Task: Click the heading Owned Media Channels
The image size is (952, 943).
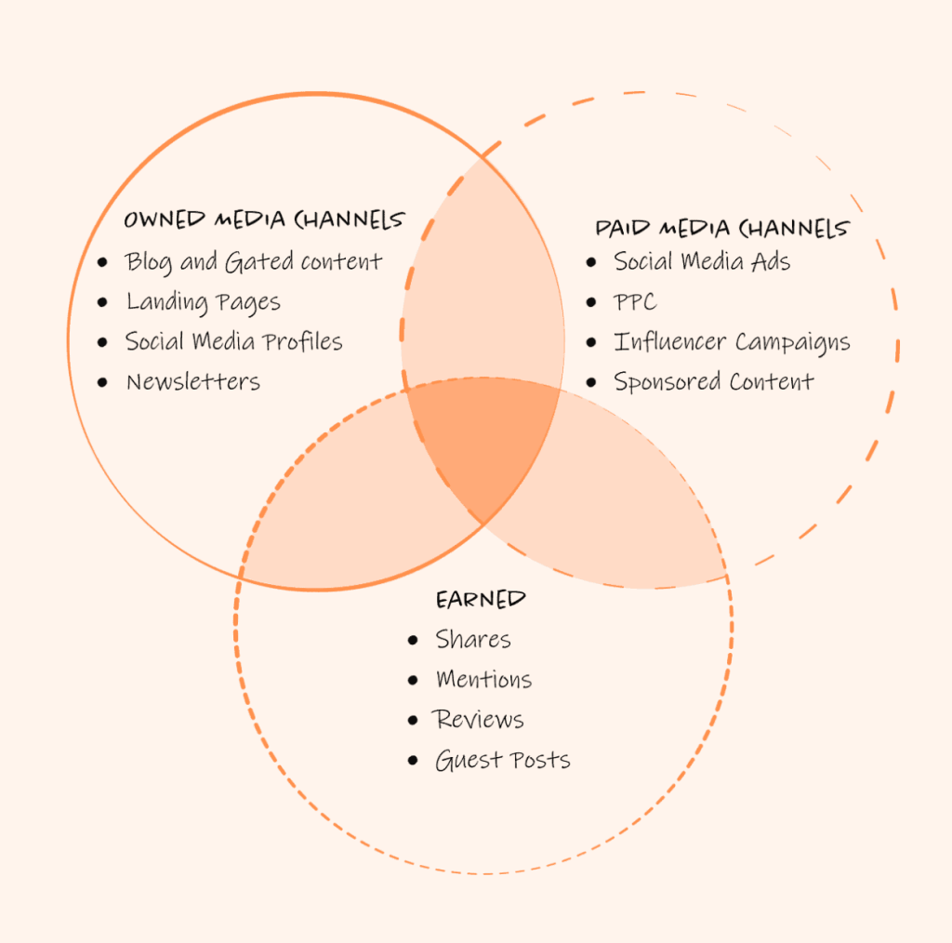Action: [264, 220]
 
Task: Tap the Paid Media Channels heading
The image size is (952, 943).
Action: [721, 228]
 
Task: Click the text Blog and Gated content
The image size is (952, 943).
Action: [253, 262]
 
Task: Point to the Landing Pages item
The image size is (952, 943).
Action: [203, 302]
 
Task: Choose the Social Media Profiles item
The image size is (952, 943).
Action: [234, 342]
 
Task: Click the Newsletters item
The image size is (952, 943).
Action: [192, 381]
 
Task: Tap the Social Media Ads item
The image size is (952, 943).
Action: [702, 262]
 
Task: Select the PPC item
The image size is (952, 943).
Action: [635, 302]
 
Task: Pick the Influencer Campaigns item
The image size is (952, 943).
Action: [732, 342]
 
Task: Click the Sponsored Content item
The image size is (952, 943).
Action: [713, 381]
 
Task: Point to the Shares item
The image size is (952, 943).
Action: [473, 640]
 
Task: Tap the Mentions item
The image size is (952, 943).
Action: [483, 680]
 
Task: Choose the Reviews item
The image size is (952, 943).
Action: [479, 720]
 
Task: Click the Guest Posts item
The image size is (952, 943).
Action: [502, 761]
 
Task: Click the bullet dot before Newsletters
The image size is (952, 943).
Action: [102, 382]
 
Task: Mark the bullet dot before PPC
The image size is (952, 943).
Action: [591, 303]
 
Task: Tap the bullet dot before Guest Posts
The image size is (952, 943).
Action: [413, 762]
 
